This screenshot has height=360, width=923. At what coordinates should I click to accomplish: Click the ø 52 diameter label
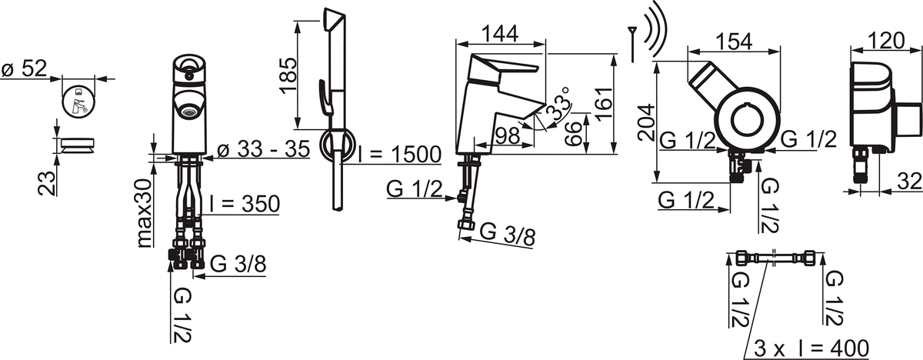click(25, 68)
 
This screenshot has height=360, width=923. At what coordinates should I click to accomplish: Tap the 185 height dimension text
click(288, 76)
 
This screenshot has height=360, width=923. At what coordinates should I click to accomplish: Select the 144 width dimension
click(500, 34)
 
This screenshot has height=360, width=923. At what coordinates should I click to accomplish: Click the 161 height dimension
click(604, 104)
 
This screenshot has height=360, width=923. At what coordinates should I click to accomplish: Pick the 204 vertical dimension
click(645, 123)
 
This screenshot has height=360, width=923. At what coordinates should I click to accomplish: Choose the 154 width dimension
click(734, 42)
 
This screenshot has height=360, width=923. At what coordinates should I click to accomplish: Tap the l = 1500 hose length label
click(400, 155)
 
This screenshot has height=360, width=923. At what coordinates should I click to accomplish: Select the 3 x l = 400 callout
click(811, 349)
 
